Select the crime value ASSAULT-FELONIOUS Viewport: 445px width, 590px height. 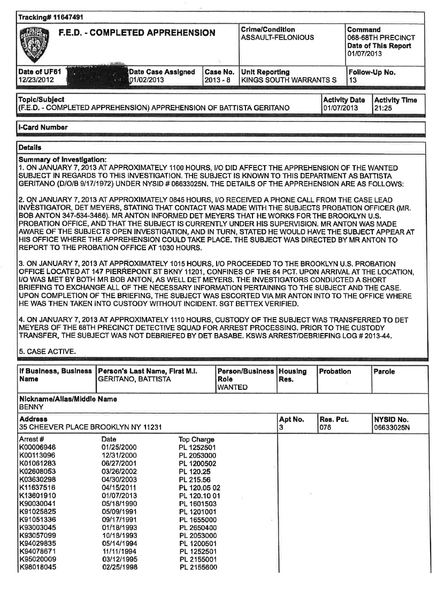click(278, 37)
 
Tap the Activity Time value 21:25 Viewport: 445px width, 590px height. click(383, 108)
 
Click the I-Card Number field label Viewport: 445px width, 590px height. click(43, 127)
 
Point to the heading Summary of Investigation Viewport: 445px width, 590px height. click(63, 160)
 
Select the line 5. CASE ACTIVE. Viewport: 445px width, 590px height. click(47, 351)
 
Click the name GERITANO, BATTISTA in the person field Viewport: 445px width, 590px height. click(134, 379)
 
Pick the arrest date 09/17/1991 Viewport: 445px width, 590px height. click(118, 519)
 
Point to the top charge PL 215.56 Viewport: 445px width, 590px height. click(195, 480)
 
